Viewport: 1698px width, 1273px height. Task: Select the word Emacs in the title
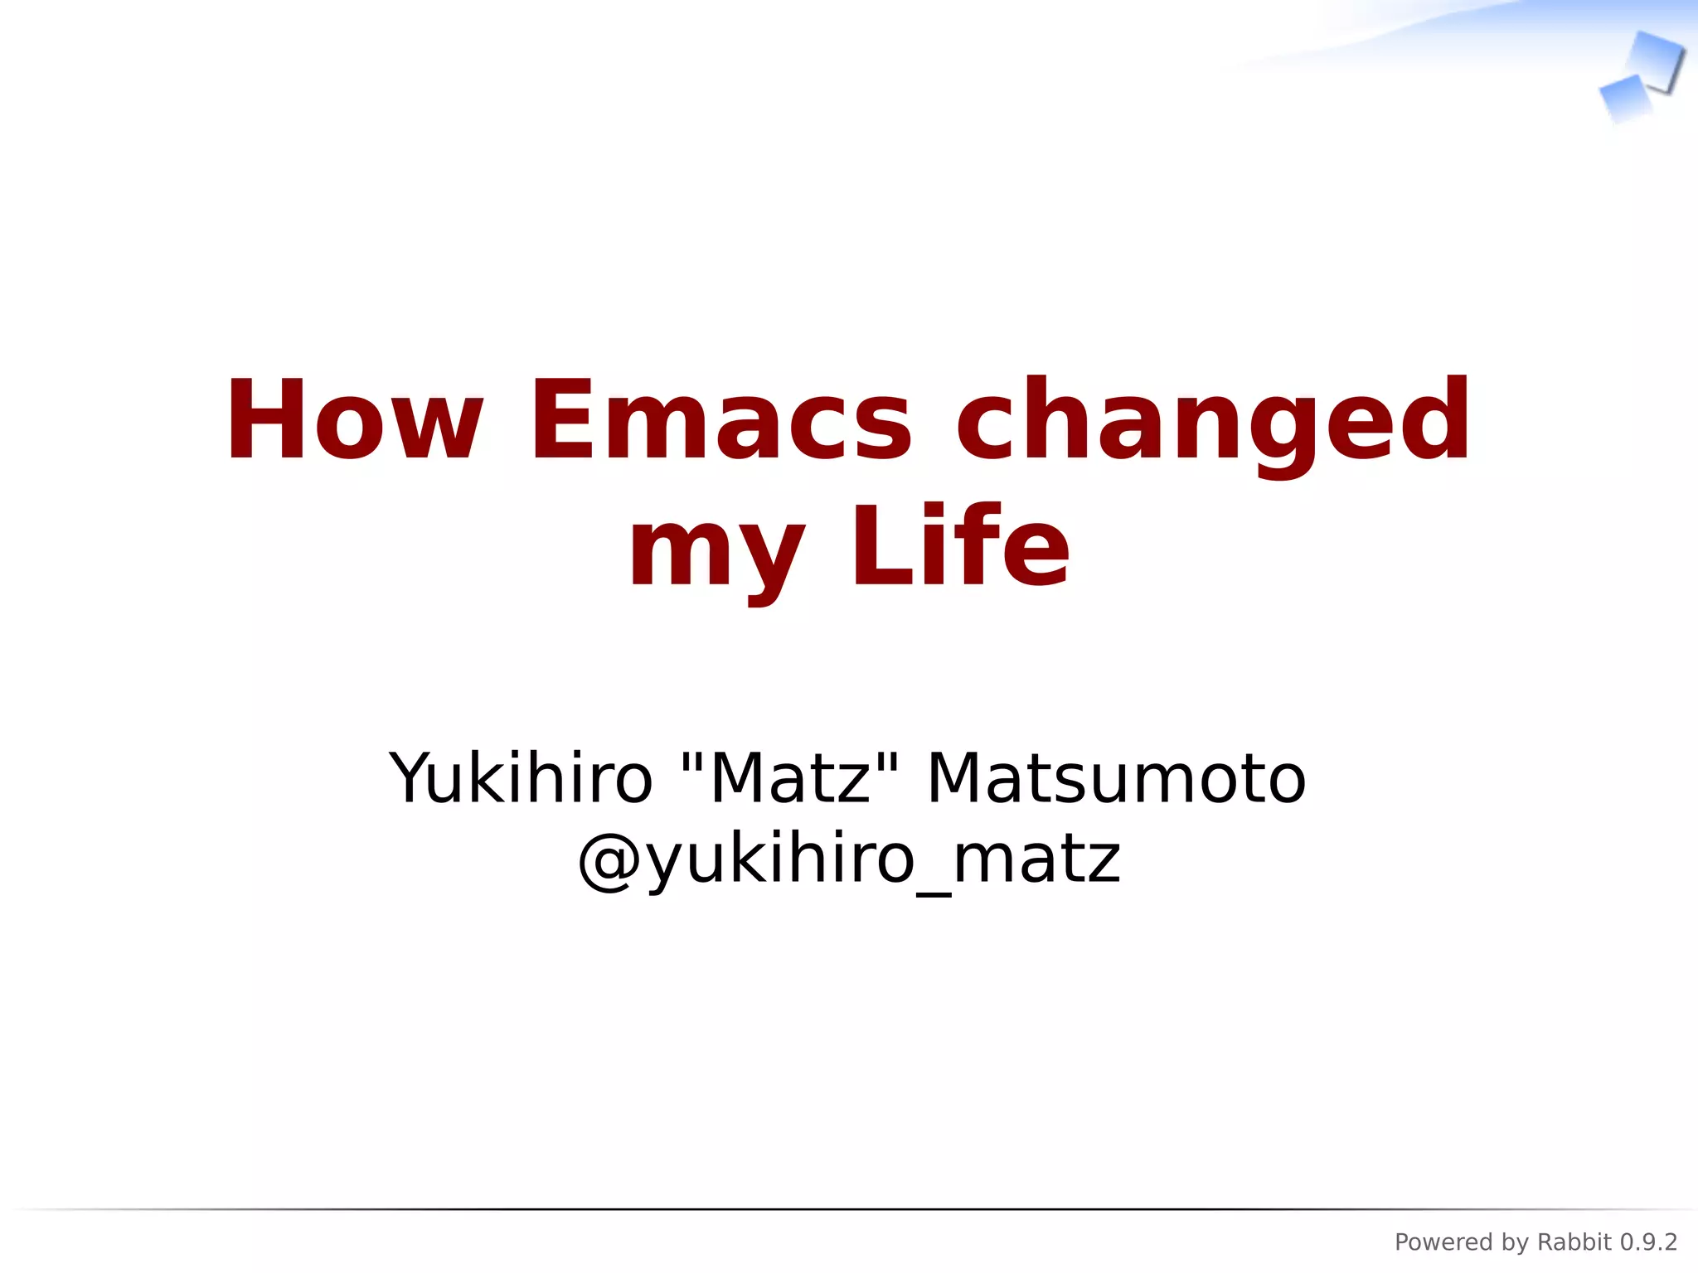point(720,420)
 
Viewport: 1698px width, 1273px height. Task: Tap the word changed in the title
point(1213,420)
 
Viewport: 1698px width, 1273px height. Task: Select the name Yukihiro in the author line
point(521,778)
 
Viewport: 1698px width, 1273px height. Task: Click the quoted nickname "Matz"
point(788,778)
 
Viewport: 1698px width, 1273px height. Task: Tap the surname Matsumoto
point(1116,778)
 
